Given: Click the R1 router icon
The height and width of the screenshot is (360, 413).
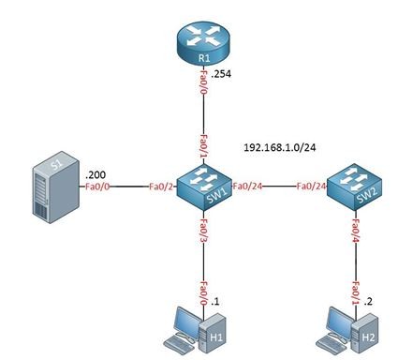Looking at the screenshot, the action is click(204, 45).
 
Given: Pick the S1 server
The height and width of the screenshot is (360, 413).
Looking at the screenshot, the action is click(56, 187).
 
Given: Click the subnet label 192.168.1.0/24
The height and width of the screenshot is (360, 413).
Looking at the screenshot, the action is click(279, 147).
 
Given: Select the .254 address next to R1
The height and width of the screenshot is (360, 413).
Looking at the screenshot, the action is click(221, 74).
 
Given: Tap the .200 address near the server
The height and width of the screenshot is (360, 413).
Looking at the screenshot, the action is click(96, 174).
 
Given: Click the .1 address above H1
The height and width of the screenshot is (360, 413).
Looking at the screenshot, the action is click(215, 302).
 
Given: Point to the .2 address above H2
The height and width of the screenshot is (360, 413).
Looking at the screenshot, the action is click(368, 302).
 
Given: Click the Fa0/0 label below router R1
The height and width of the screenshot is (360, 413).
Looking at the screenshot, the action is click(204, 82).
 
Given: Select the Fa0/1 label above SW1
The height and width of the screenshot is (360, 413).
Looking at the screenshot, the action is click(204, 147).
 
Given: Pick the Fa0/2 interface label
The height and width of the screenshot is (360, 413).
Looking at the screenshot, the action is click(161, 187).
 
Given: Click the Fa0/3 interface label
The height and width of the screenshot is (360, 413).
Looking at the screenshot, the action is click(204, 230).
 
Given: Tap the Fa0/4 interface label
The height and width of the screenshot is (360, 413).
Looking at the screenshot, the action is click(356, 231).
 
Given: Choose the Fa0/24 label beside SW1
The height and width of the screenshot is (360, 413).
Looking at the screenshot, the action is click(247, 187).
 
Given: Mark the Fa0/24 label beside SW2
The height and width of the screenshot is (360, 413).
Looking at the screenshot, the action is click(311, 187).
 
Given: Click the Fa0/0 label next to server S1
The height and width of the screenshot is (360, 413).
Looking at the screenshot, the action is click(97, 187).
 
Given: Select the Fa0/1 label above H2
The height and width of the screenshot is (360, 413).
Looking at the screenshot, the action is click(356, 293).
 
